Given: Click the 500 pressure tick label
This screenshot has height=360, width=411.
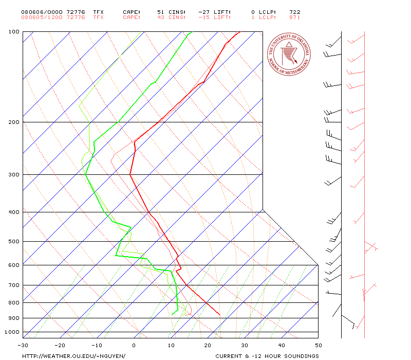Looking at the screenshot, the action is [14, 241].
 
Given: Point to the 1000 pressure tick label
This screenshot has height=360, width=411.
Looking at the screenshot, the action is [12, 332].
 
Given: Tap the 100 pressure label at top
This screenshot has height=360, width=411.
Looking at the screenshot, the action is [14, 32].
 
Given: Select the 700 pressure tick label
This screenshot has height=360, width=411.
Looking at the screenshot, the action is [14, 285].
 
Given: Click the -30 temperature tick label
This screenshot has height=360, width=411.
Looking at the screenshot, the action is [23, 345].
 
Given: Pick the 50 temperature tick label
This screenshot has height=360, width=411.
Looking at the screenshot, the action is [319, 345].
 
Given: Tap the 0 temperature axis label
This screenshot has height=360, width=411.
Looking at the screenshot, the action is [134, 345].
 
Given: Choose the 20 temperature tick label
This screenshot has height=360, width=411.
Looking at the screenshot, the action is [208, 345].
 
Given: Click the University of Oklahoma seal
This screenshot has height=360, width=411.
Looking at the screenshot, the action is [289, 55].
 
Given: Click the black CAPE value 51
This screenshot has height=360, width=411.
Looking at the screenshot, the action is [161, 12].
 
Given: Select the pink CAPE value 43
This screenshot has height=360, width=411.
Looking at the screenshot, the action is [161, 17].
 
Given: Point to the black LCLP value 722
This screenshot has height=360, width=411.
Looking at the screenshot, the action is [295, 12].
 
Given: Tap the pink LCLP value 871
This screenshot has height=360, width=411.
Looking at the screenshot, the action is [295, 17].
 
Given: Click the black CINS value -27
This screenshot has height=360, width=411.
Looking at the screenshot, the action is [204, 12].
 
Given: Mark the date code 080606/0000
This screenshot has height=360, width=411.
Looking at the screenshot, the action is [42, 12].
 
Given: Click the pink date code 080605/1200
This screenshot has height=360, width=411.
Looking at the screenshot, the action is [42, 17].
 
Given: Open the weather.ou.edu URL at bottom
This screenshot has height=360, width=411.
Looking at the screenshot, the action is [73, 356].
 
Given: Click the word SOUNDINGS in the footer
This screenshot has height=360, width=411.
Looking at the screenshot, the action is [302, 356].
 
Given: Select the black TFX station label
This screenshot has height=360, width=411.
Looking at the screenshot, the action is [99, 12].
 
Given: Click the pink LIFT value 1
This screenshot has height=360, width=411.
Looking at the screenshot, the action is [253, 17].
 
